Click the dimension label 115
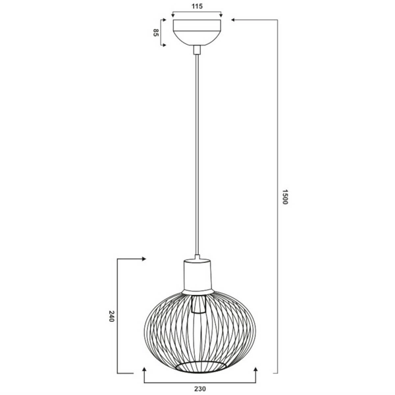(x=197, y=5)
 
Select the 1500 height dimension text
(x=285, y=197)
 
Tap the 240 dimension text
(x=112, y=317)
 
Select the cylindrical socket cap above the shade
(x=197, y=275)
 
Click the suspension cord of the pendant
(x=197, y=151)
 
